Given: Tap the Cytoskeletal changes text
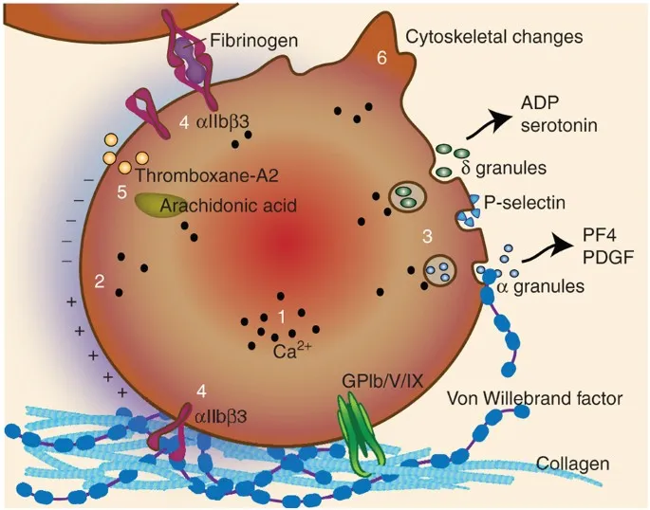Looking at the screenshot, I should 493,37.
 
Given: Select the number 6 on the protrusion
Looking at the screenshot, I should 381,58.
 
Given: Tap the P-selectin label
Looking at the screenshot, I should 524,201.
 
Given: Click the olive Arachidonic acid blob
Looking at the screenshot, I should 156,206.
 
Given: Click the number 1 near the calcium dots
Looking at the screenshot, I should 280,315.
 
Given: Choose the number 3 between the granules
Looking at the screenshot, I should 428,234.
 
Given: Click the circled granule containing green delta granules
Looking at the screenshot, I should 409,197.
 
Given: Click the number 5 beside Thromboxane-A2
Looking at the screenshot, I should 121,192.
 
